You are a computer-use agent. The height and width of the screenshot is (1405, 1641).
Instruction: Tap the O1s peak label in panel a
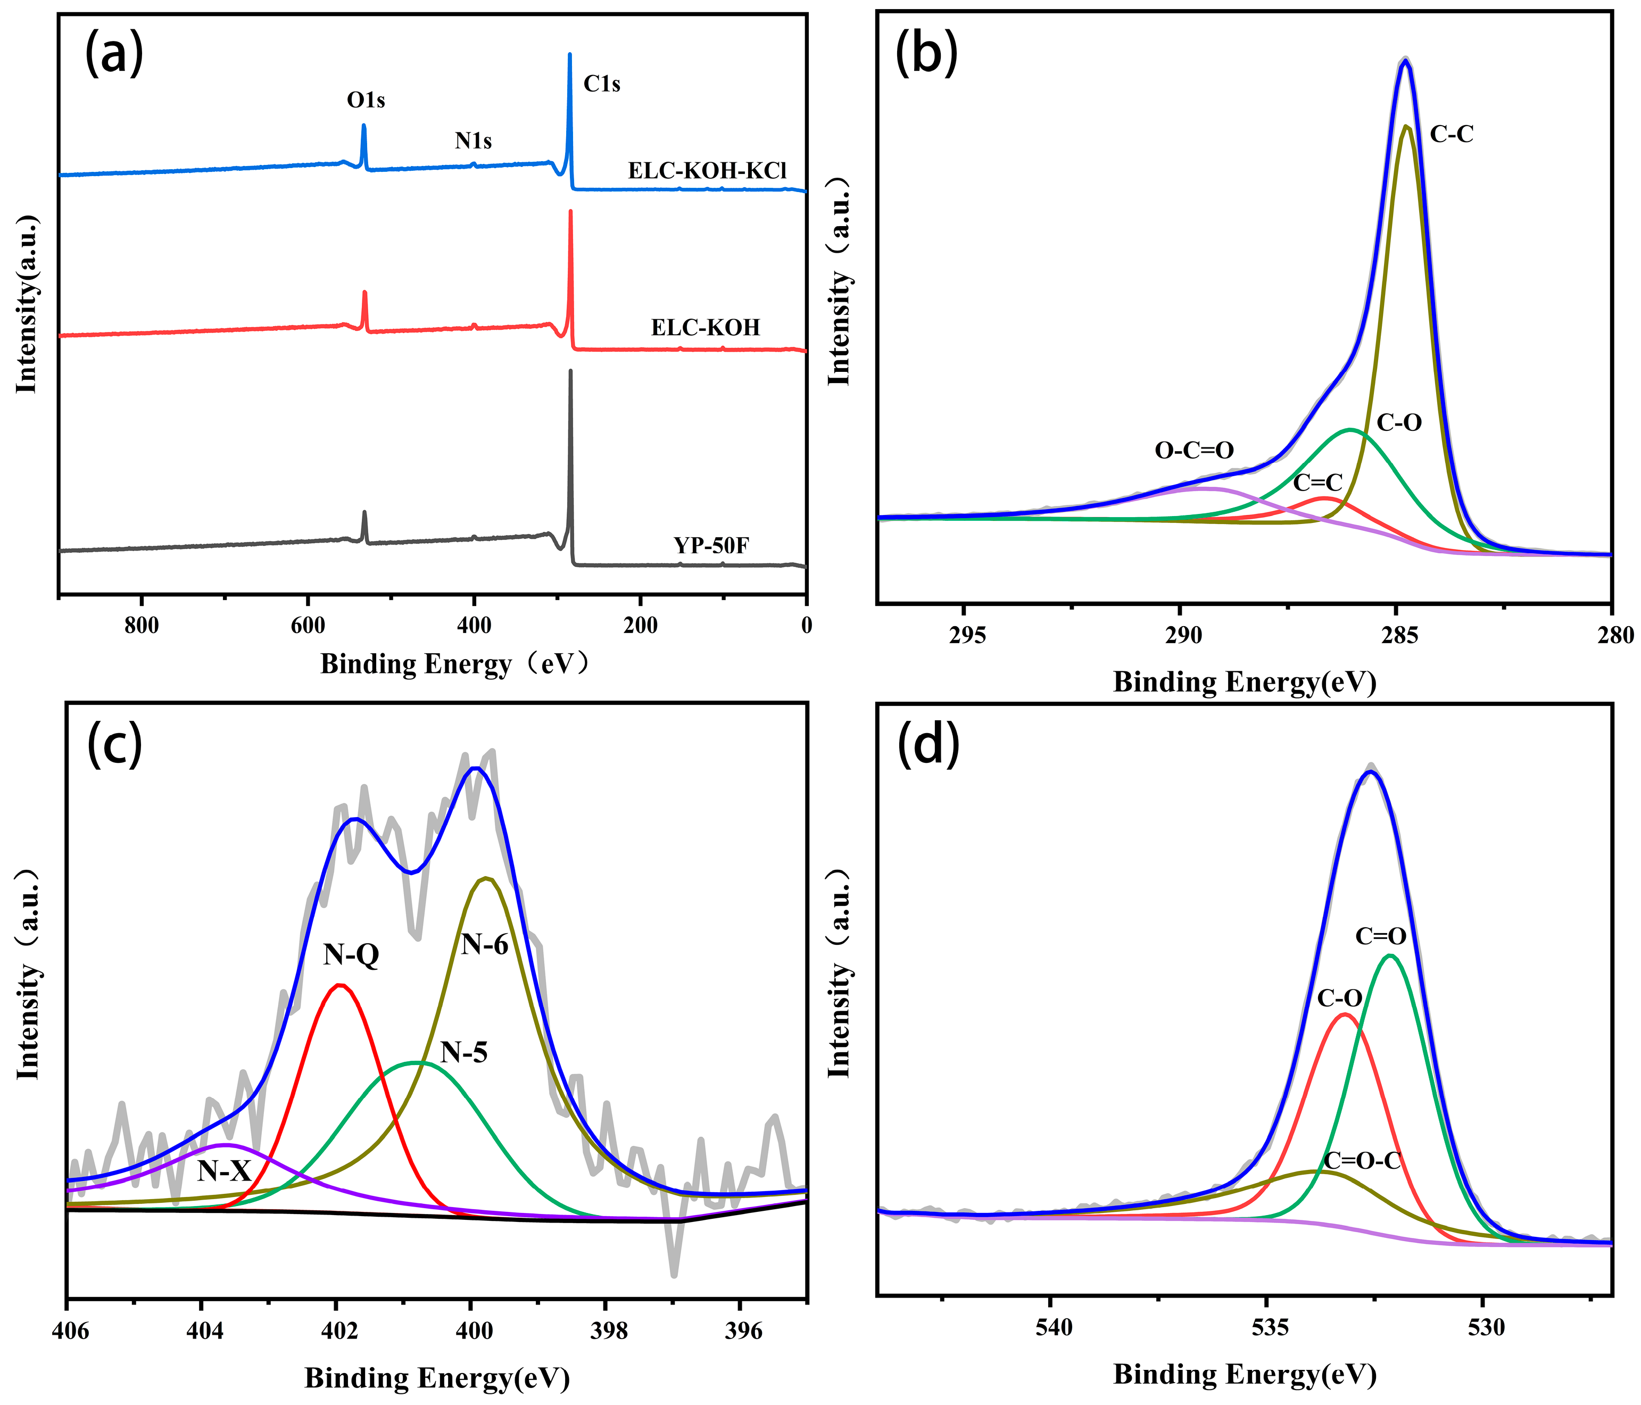click(366, 101)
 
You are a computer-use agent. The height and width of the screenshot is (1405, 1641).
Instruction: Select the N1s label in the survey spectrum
click(473, 141)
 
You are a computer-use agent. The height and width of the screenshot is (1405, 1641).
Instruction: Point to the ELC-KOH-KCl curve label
click(707, 171)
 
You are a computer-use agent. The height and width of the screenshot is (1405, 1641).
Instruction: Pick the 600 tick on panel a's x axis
click(308, 626)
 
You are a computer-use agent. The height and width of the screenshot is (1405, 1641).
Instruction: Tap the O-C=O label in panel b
click(1195, 451)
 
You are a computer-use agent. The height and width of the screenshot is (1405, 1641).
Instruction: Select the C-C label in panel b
click(1452, 135)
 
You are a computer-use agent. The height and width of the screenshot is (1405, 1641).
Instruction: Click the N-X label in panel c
click(224, 1170)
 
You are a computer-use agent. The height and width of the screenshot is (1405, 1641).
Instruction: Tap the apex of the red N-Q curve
click(341, 985)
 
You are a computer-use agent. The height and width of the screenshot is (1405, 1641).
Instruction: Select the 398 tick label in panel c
click(608, 1330)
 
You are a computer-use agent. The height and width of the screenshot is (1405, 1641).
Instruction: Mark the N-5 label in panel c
click(464, 1053)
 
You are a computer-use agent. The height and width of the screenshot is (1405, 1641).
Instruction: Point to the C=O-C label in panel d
click(1362, 1161)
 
